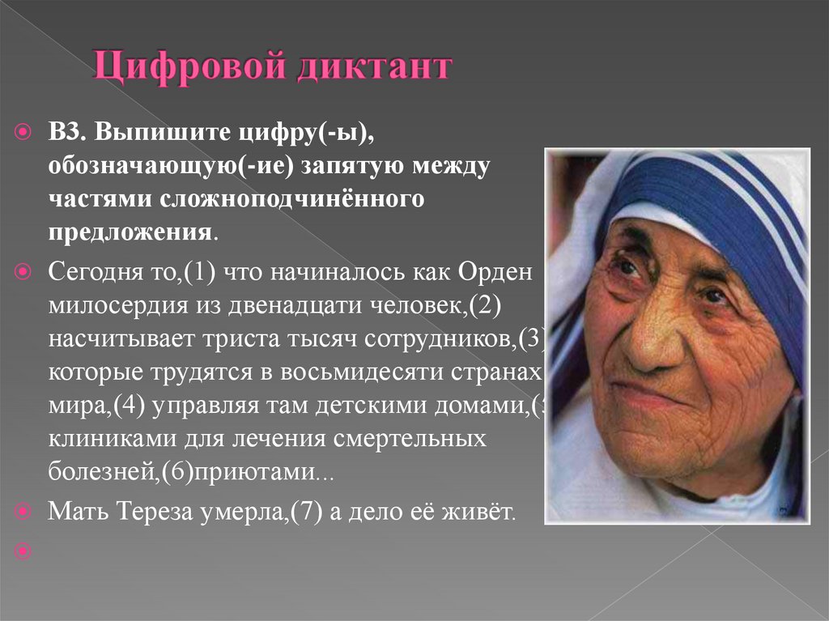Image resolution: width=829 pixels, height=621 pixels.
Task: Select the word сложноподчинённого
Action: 308,199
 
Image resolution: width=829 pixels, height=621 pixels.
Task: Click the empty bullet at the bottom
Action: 23,551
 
